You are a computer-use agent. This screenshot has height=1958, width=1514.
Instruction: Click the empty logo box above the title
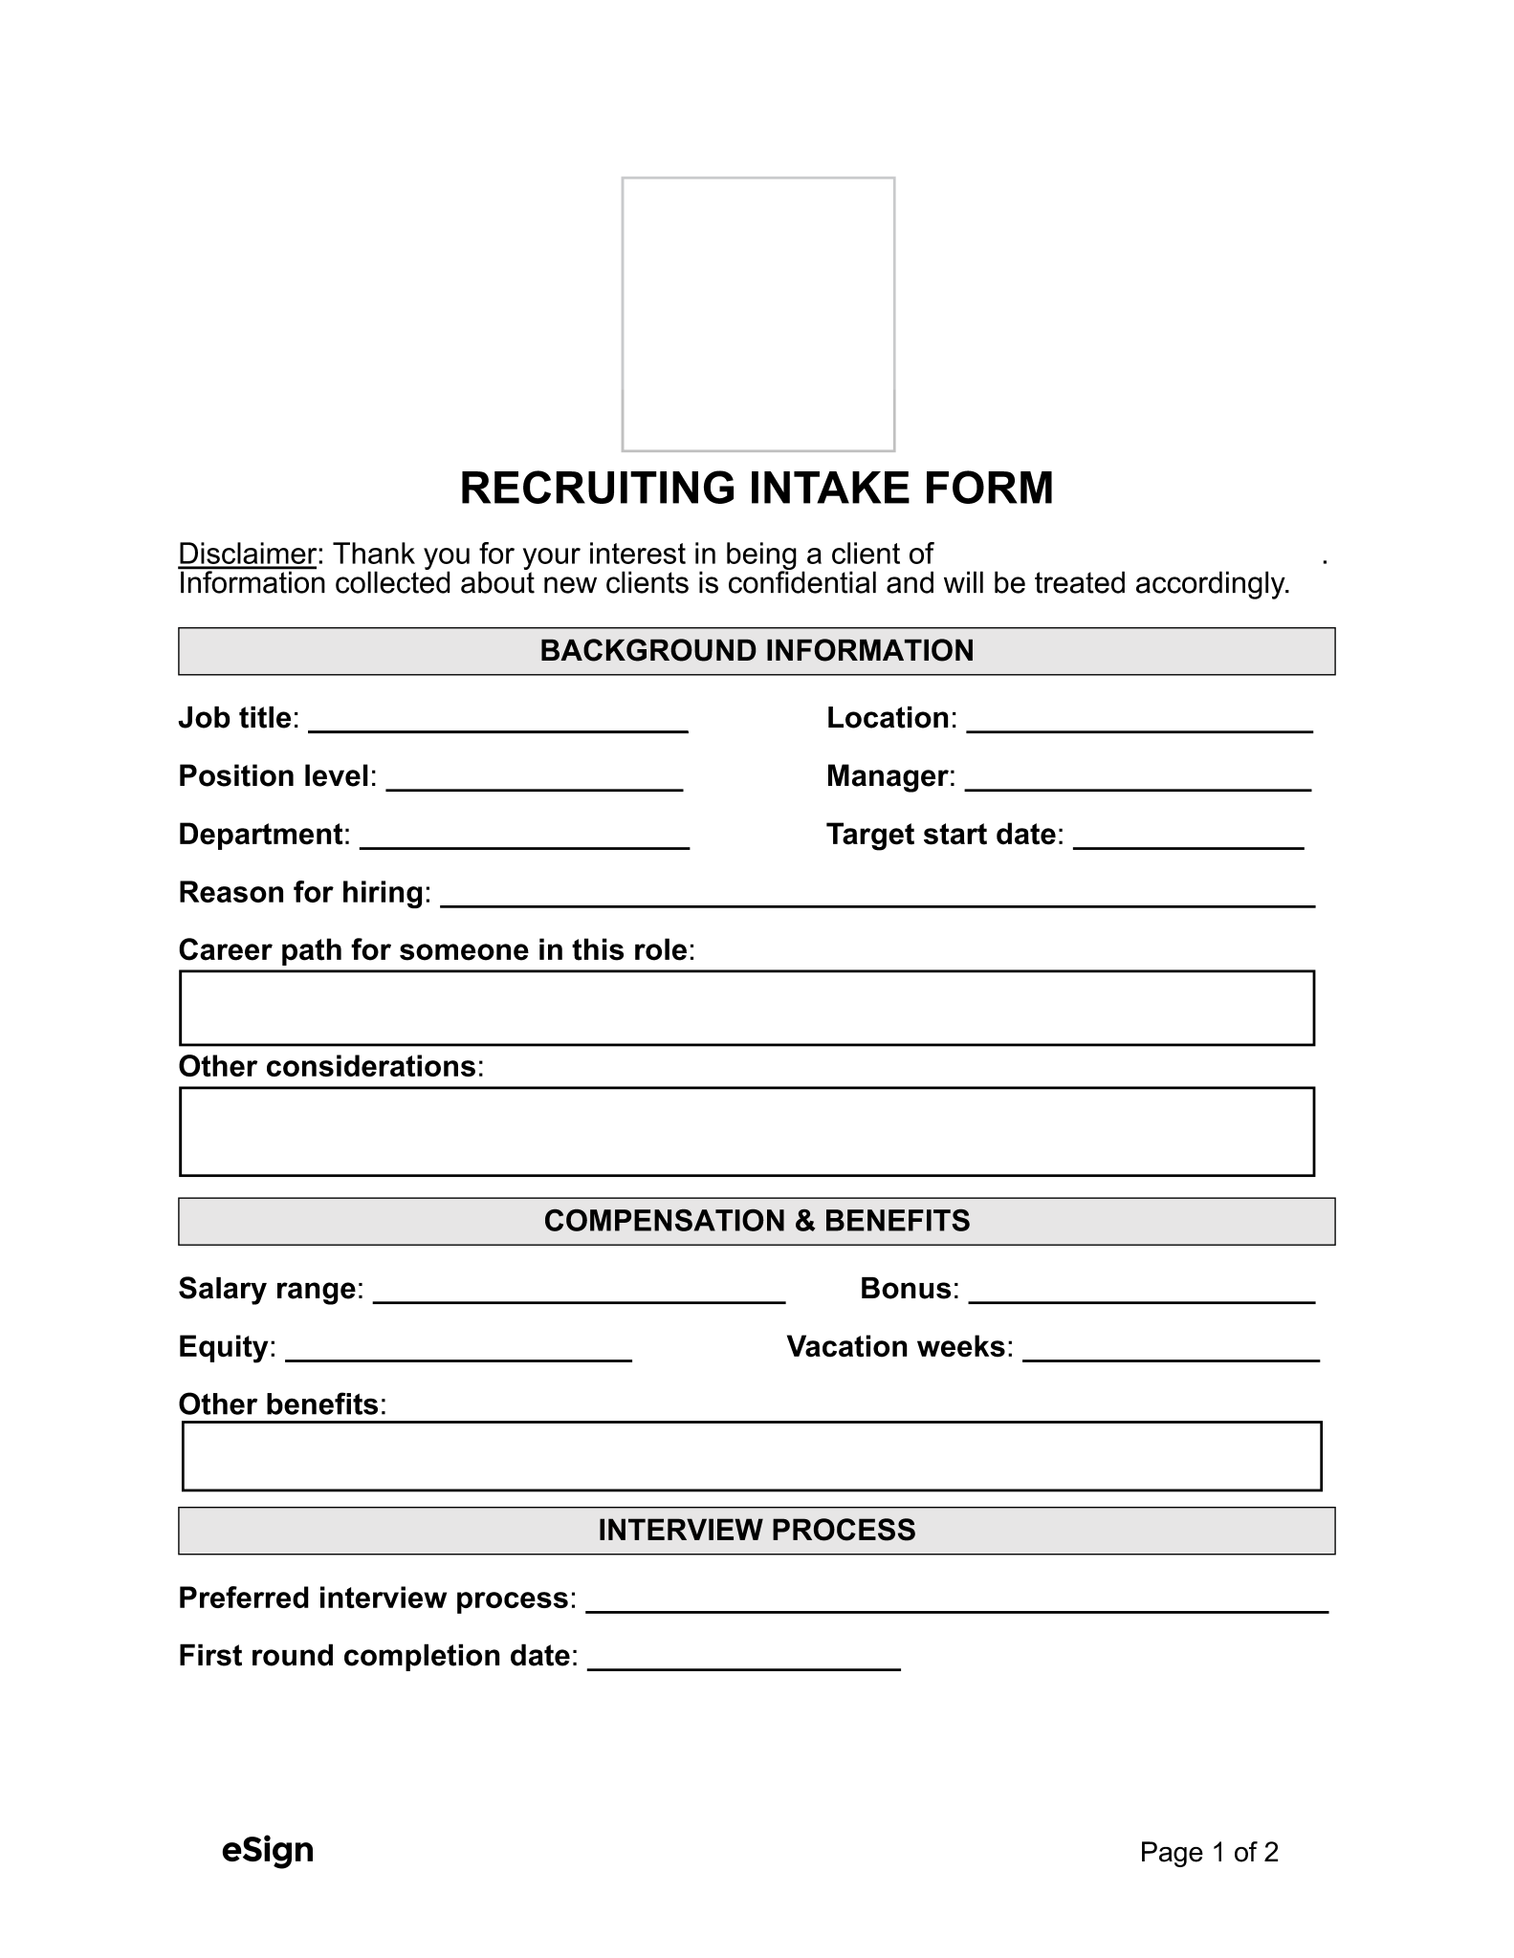[757, 314]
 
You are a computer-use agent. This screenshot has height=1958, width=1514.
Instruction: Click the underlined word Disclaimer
[247, 555]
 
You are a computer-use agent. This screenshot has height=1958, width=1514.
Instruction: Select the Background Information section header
[757, 651]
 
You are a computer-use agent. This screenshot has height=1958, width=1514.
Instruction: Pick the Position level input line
[535, 780]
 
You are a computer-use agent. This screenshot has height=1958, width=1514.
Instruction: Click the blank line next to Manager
[1138, 780]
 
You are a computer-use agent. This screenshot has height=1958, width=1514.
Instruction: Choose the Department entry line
[524, 838]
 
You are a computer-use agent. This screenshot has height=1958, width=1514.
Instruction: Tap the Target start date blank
[1189, 838]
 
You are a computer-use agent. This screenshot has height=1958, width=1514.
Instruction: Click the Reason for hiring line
[877, 896]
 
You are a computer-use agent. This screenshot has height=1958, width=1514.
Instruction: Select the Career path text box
[747, 1008]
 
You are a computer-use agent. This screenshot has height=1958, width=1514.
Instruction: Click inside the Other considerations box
[747, 1131]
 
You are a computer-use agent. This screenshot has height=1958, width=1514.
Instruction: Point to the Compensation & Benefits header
[757, 1221]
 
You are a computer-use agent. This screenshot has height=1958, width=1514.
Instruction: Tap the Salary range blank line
[579, 1293]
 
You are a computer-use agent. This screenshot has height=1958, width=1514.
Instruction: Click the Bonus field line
[1142, 1293]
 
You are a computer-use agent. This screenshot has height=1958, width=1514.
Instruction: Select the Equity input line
[458, 1351]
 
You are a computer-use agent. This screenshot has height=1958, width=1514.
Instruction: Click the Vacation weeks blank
[1171, 1351]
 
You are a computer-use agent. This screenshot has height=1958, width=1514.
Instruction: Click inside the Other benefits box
[752, 1456]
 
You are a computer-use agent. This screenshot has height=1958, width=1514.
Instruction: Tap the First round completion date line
[744, 1660]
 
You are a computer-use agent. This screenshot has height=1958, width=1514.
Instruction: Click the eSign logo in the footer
[268, 1850]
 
